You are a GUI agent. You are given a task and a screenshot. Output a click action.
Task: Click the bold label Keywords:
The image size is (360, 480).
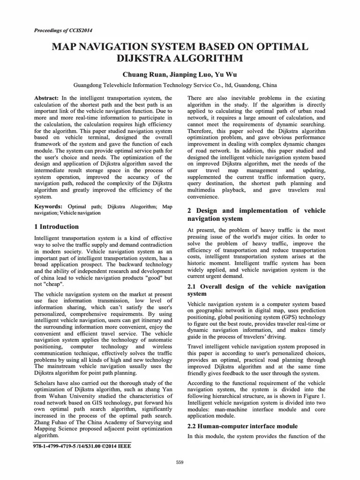(48, 206)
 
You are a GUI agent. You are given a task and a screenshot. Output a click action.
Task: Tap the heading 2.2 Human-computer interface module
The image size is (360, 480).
(243, 426)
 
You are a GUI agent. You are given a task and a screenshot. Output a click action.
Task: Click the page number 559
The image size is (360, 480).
(180, 463)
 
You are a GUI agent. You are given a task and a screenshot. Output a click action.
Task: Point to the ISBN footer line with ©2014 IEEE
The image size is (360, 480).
(82, 446)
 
